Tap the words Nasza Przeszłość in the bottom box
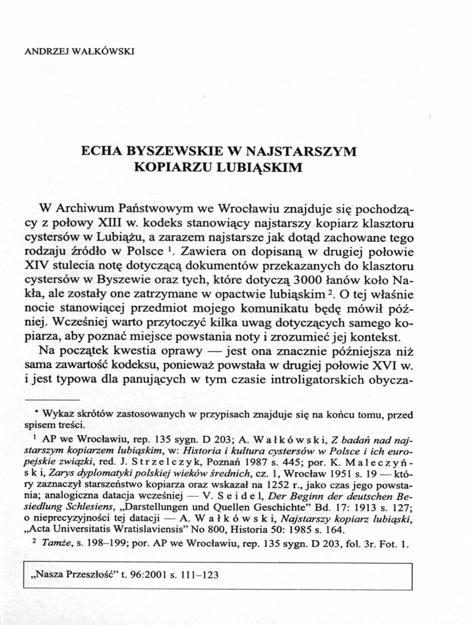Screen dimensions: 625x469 pos(66,575)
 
